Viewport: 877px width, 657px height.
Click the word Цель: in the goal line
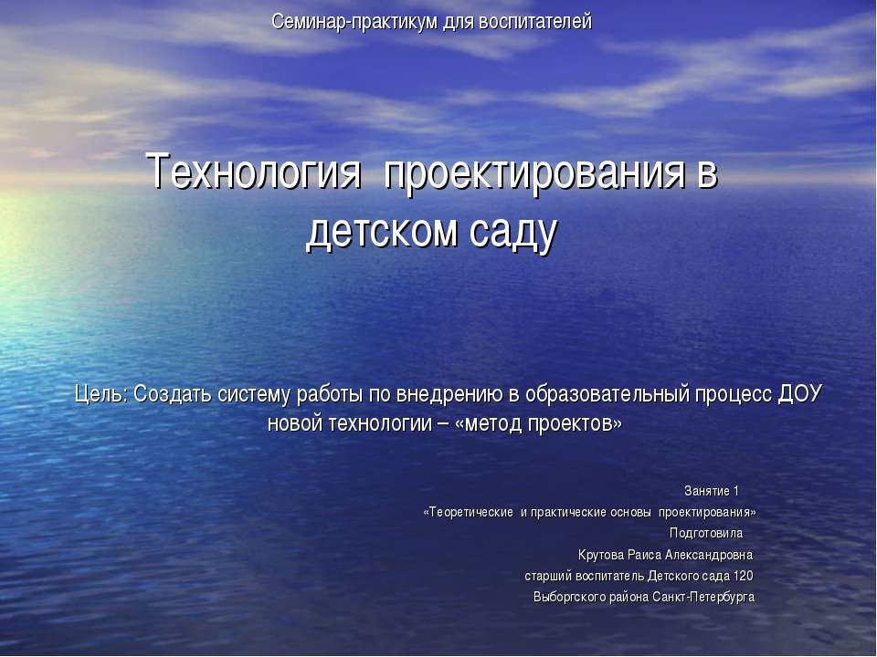(101, 394)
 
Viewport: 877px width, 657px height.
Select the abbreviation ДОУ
(799, 394)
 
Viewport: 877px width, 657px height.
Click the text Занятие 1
(712, 492)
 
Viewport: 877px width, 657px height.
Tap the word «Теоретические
(468, 512)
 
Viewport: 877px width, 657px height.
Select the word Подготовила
(706, 533)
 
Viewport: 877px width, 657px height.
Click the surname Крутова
(601, 555)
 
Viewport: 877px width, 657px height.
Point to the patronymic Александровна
(707, 555)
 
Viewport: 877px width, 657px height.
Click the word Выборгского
(570, 597)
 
